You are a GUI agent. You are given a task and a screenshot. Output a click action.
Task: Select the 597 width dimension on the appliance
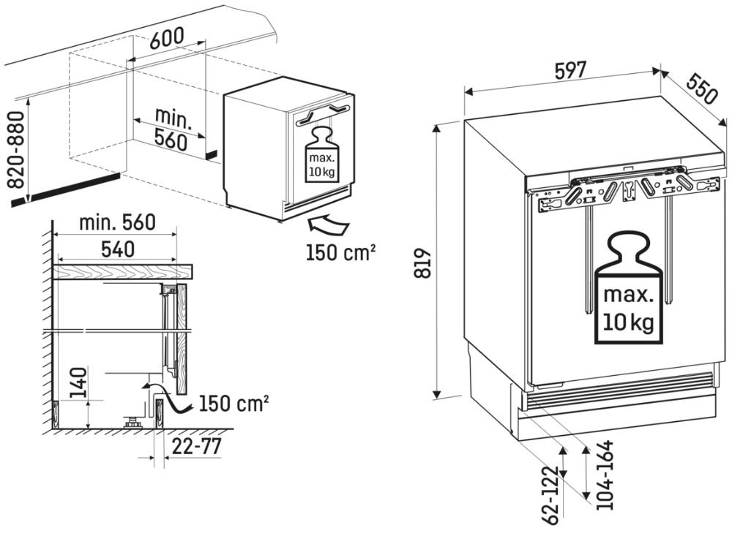click(x=570, y=70)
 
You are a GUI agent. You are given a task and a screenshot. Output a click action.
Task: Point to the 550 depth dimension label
click(x=701, y=89)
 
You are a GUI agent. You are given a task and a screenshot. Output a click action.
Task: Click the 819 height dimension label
click(x=423, y=263)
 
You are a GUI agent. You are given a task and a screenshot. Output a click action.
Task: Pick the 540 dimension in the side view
click(x=118, y=249)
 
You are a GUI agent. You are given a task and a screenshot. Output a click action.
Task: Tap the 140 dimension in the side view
click(x=78, y=382)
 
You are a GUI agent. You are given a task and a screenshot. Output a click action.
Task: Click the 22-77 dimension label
click(x=196, y=447)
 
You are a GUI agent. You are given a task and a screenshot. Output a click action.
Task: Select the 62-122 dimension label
click(x=551, y=495)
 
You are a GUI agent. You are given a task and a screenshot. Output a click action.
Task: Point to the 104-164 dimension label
click(x=605, y=475)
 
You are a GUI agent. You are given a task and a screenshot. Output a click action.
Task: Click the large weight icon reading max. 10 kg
click(x=628, y=290)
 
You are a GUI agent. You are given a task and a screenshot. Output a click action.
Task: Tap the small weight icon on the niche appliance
click(x=322, y=155)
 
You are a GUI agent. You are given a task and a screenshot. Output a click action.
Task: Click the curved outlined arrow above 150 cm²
click(x=328, y=226)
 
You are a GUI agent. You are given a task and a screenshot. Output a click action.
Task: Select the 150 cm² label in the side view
click(x=234, y=404)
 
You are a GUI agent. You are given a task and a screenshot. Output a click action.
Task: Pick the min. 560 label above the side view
click(x=117, y=222)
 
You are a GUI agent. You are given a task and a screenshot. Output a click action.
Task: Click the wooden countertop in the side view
click(x=123, y=271)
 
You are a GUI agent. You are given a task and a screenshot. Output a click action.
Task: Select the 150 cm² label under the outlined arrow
click(x=341, y=252)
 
